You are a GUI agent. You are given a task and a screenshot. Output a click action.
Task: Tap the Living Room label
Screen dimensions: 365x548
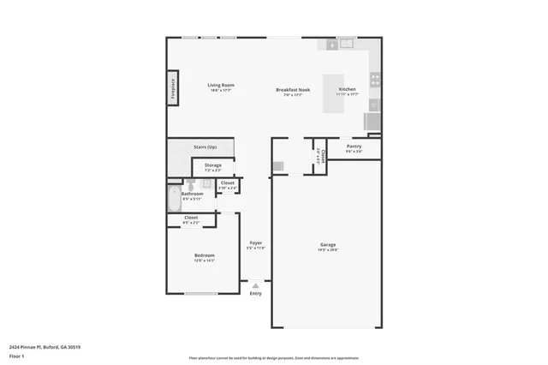pyautogui.click(x=221, y=86)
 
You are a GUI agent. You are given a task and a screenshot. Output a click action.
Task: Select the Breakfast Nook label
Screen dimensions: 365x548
pyautogui.click(x=293, y=90)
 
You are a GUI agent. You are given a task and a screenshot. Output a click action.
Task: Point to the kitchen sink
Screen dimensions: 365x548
pyautogui.click(x=345, y=44)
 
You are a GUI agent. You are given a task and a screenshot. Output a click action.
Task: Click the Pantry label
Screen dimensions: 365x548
pyautogui.click(x=354, y=147)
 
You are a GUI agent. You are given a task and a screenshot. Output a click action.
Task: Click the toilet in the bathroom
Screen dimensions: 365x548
pyautogui.click(x=193, y=184)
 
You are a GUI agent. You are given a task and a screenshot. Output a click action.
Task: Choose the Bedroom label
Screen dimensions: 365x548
pyautogui.click(x=204, y=255)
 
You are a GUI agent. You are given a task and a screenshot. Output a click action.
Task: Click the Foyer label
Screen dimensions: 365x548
pyautogui.click(x=255, y=243)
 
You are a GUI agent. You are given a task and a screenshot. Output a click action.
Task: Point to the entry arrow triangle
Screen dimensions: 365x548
pyautogui.click(x=255, y=285)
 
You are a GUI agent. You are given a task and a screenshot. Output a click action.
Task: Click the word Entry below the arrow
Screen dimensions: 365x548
pyautogui.click(x=255, y=294)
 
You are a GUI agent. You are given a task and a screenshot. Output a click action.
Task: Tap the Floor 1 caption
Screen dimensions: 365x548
pyautogui.click(x=16, y=354)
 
